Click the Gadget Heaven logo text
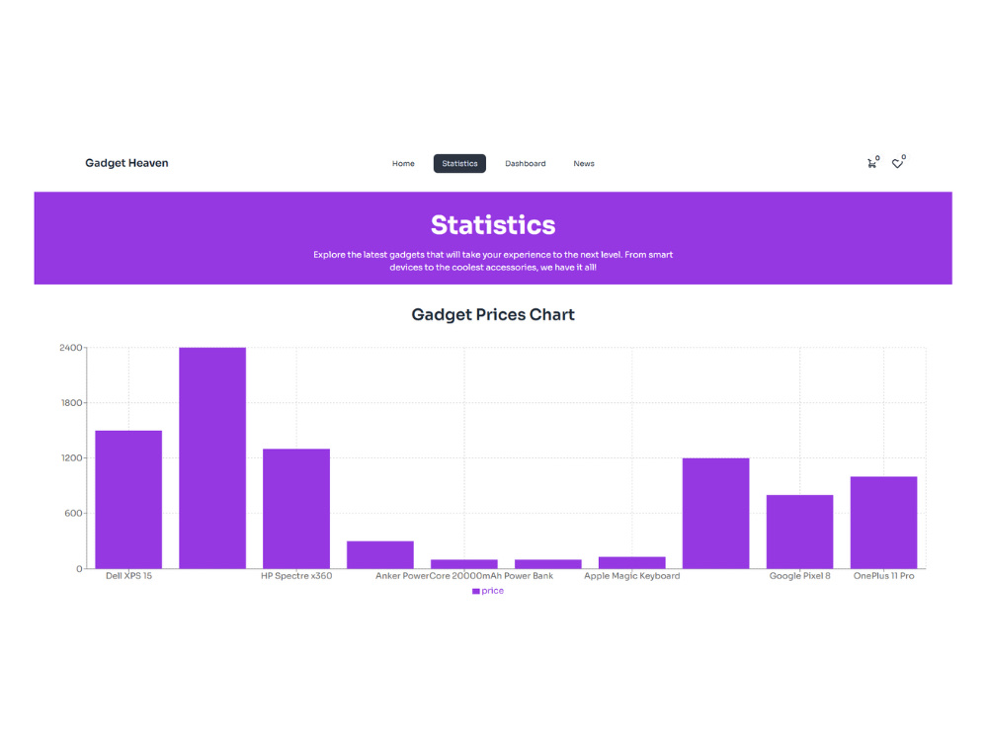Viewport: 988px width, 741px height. tap(126, 163)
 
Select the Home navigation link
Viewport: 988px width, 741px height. tap(403, 164)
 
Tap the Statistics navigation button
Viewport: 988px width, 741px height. tap(459, 163)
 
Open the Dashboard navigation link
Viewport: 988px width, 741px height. tap(525, 164)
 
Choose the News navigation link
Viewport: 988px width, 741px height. tap(584, 164)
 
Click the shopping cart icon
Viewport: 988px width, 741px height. tap(871, 164)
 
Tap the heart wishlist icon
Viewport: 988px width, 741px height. tap(897, 164)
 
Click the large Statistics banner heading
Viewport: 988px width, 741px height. tap(493, 225)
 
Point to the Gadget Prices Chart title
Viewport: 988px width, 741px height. tap(493, 314)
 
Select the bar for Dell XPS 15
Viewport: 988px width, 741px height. tap(128, 500)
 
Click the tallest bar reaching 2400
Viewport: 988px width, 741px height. tap(212, 458)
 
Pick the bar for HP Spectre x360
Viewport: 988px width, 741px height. tap(296, 509)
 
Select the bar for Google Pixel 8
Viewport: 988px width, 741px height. tap(799, 532)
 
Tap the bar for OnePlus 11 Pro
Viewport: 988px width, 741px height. tap(883, 523)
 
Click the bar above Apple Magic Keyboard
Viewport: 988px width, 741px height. tap(632, 563)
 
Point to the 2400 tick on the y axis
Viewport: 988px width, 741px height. tap(70, 348)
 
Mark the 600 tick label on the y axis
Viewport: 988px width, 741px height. tap(73, 514)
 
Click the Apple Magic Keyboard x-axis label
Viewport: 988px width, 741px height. tap(632, 576)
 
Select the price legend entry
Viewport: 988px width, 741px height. tap(488, 591)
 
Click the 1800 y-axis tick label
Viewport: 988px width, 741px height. tap(71, 403)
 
